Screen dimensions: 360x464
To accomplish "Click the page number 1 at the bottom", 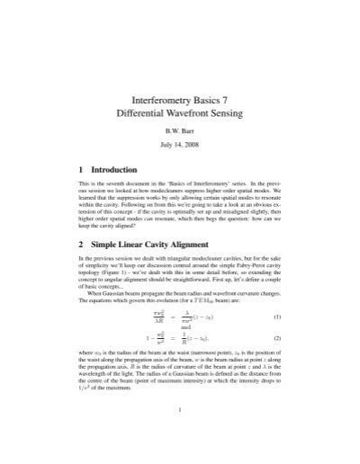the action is click(x=181, y=437).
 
